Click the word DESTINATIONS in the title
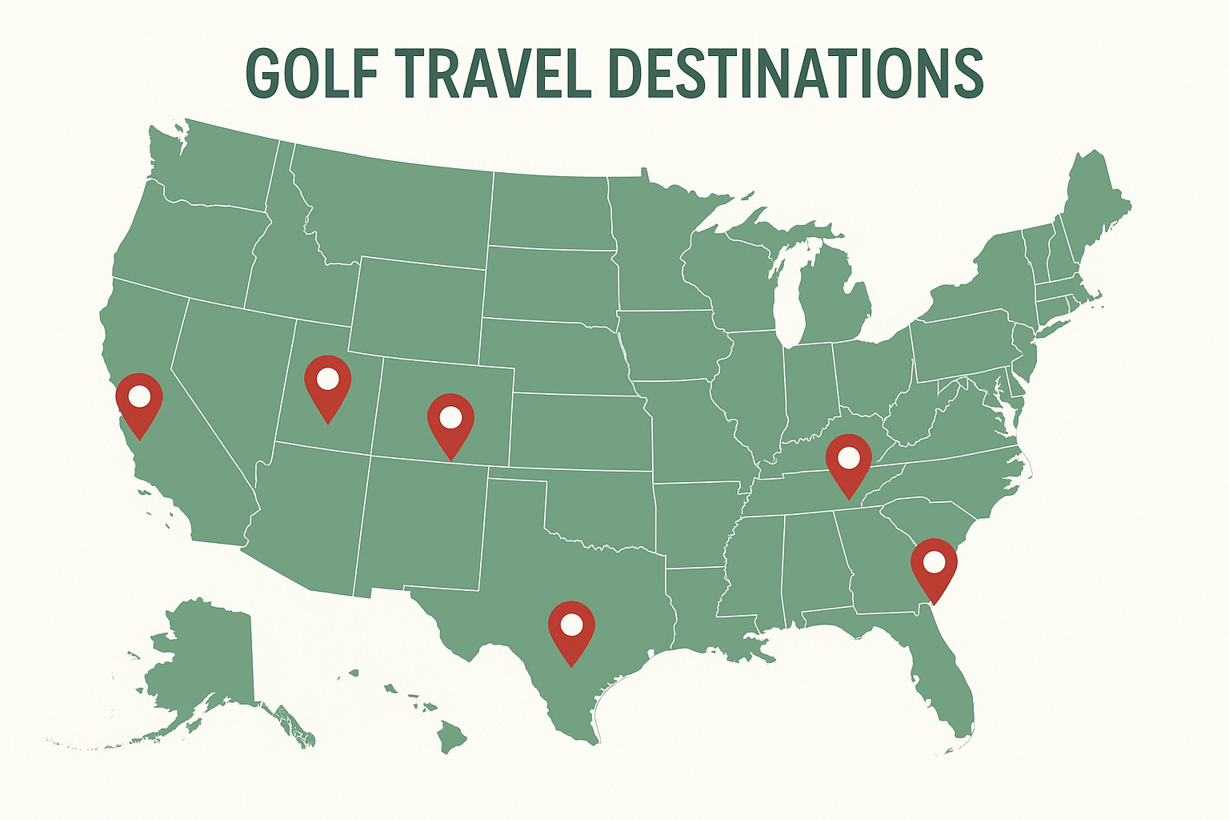(x=796, y=74)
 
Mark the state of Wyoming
(x=416, y=308)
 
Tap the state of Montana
(x=392, y=208)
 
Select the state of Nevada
(x=228, y=376)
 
